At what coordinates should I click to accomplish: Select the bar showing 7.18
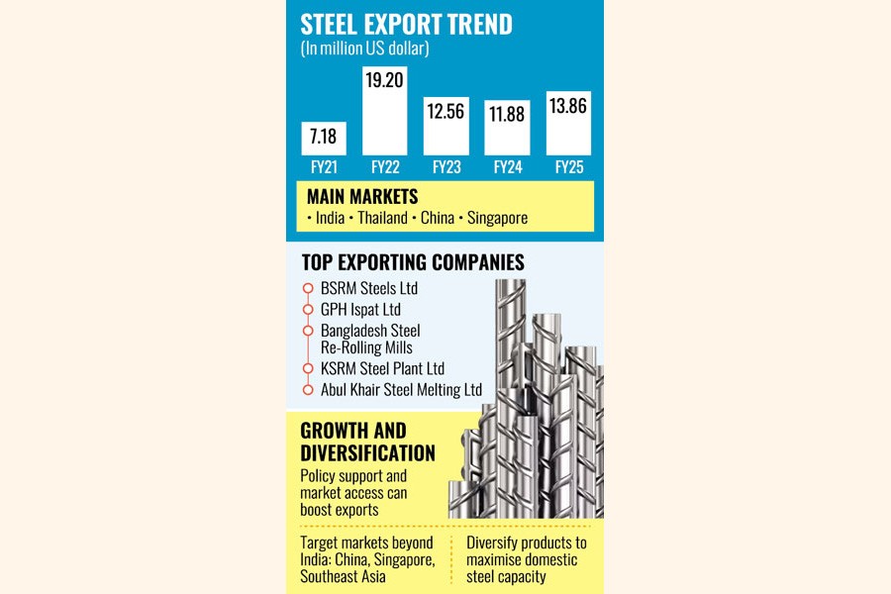[x=322, y=138]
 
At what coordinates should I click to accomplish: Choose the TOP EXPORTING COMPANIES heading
[x=412, y=262]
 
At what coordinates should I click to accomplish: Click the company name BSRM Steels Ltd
[x=369, y=288]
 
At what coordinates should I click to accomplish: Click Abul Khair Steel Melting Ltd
[x=401, y=390]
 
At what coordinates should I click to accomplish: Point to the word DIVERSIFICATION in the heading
[x=367, y=452]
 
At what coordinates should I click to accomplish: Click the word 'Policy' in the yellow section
[x=321, y=476]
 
